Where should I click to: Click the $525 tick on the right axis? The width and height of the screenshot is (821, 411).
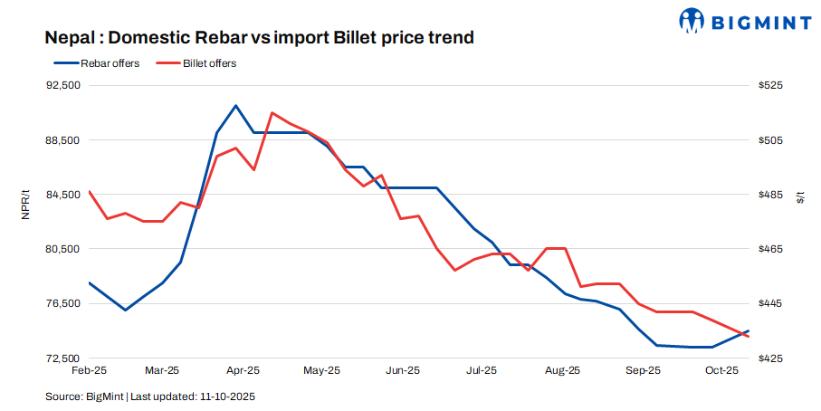(771, 85)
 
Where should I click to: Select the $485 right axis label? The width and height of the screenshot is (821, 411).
(771, 195)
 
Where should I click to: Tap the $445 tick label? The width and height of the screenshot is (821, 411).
(771, 303)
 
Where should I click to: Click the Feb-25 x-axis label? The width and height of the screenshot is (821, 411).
(89, 370)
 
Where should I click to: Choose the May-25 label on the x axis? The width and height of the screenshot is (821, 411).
(321, 370)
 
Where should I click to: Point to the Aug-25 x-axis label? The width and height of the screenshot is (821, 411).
(563, 370)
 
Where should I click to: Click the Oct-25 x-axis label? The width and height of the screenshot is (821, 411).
(722, 370)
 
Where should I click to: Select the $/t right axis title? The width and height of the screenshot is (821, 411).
(800, 196)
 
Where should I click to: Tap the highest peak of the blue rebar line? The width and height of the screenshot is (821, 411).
(235, 106)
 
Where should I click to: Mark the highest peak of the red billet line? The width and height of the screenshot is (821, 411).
(272, 113)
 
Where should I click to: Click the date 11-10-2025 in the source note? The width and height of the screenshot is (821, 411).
(226, 397)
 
